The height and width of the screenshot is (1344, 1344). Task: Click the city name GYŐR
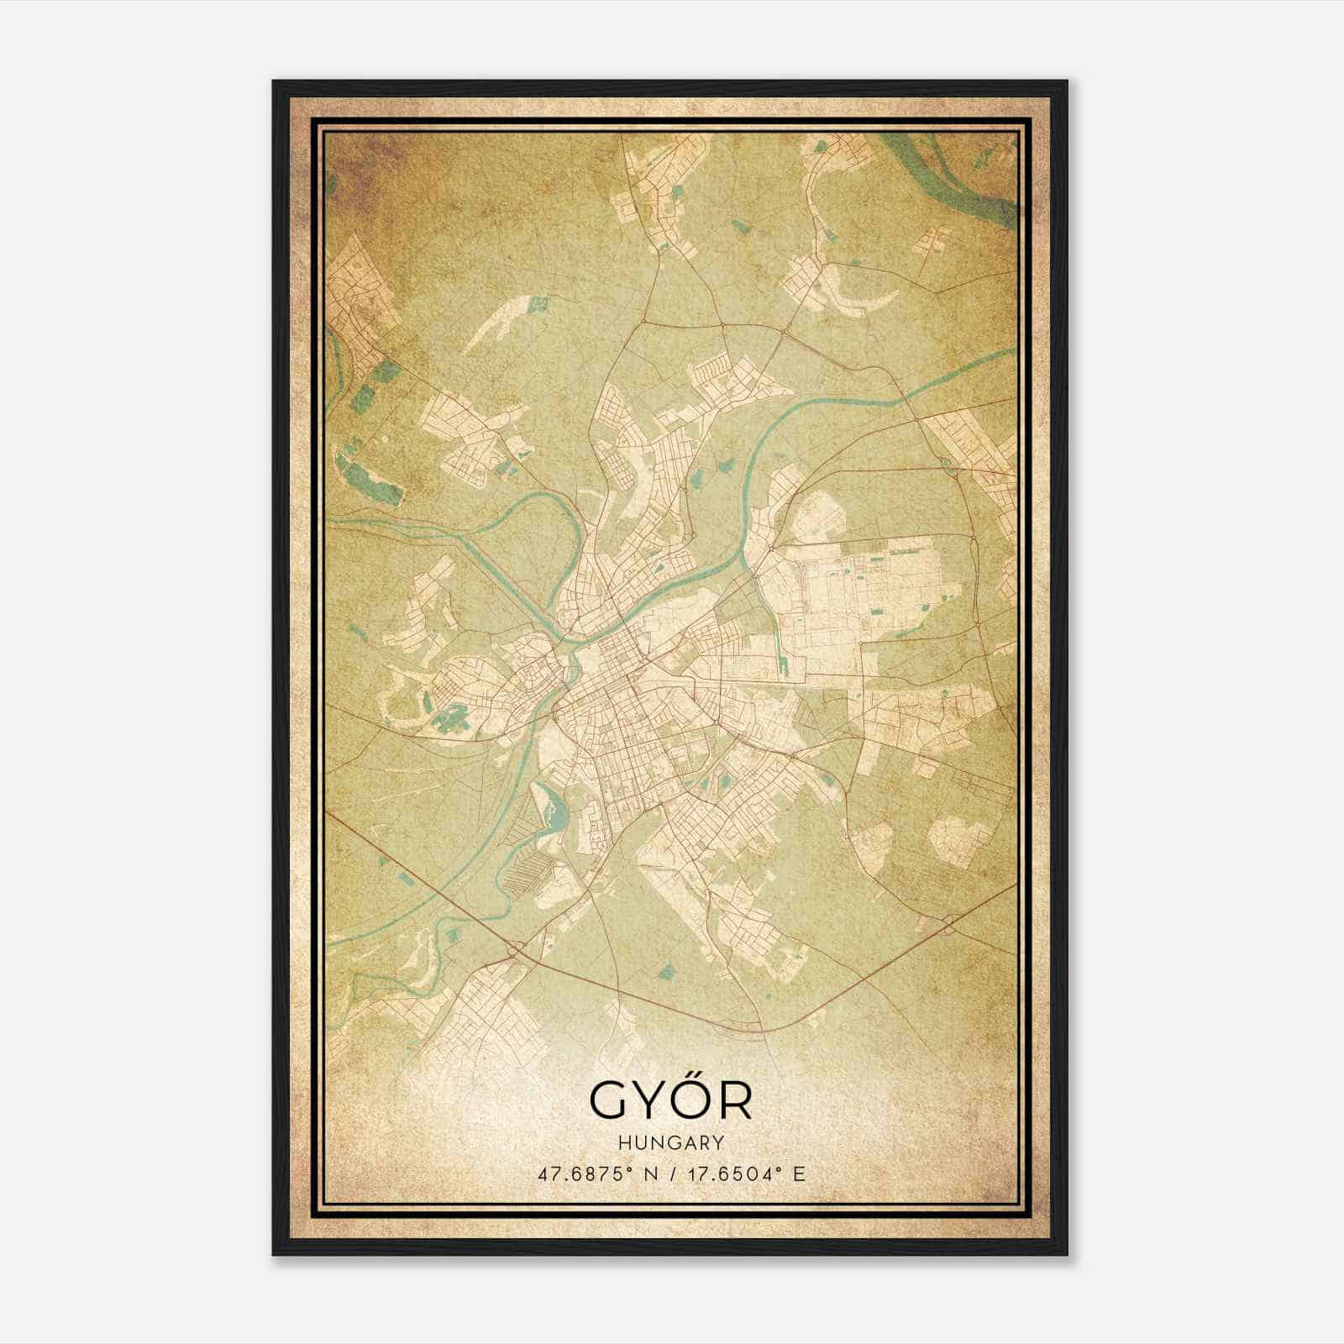click(x=670, y=1099)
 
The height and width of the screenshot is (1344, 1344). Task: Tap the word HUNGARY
click(x=670, y=1142)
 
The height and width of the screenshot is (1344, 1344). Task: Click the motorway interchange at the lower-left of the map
click(x=514, y=949)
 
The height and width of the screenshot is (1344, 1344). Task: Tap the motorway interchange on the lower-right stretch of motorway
click(x=948, y=924)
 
